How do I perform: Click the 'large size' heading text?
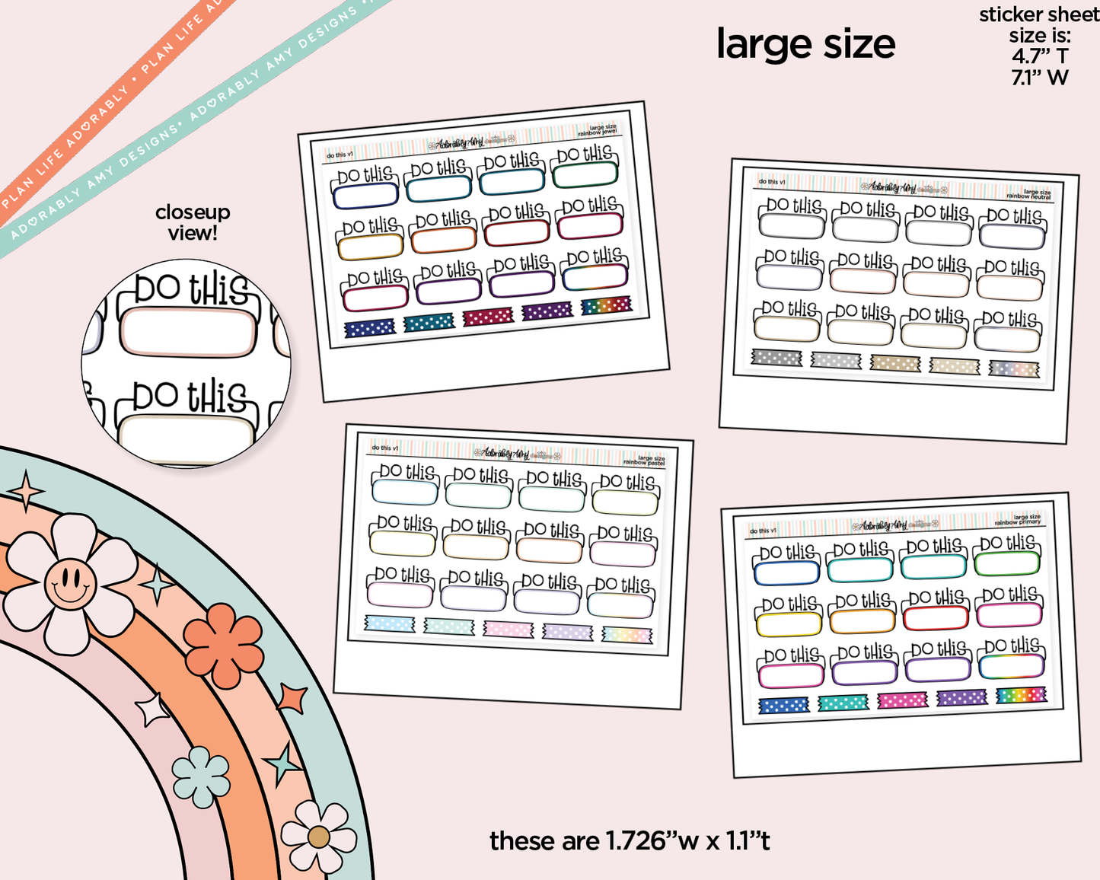[805, 45]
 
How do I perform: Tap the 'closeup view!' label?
[193, 223]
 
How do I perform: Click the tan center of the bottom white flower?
[318, 838]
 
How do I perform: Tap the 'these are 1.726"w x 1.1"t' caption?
[630, 841]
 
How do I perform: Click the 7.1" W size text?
[1039, 78]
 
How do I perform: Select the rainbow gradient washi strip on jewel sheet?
[606, 306]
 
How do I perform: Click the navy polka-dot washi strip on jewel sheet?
[369, 328]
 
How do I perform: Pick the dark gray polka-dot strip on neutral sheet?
[776, 358]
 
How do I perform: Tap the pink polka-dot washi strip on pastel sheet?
[509, 629]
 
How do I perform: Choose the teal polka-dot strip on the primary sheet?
[843, 703]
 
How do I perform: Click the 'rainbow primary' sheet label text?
[1018, 523]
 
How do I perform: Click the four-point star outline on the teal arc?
[27, 491]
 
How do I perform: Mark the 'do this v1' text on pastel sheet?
[384, 448]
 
